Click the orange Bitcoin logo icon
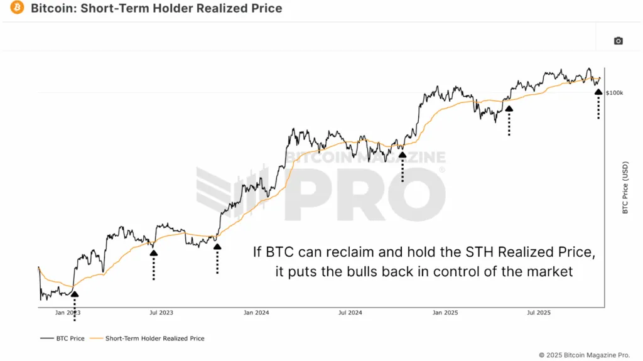(x=18, y=9)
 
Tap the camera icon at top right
(x=618, y=41)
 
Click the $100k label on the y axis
(x=614, y=93)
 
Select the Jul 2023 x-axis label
(x=162, y=312)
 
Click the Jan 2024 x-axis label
(x=256, y=312)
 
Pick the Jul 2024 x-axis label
(x=350, y=312)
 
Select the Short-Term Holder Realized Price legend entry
(x=154, y=338)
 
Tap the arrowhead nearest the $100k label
(x=598, y=92)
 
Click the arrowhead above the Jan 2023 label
(x=74, y=293)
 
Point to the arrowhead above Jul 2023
(x=153, y=253)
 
